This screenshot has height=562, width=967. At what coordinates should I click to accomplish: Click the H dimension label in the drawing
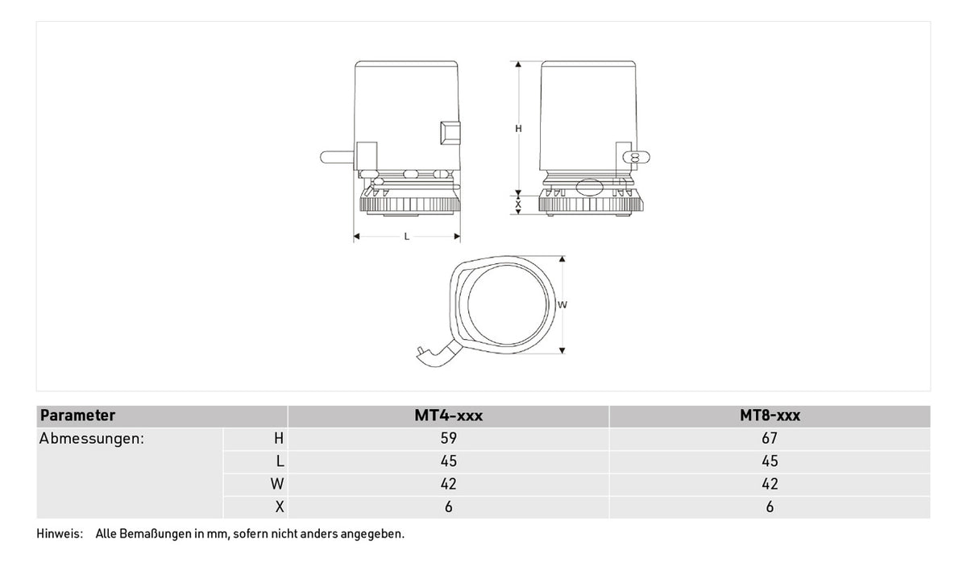coord(518,129)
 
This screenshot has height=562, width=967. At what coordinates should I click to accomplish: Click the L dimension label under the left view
coord(406,237)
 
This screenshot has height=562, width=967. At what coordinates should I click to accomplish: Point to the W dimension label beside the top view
coord(562,305)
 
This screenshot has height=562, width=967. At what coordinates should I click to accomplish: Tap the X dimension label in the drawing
coord(518,205)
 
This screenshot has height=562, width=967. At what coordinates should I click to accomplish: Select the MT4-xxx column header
coord(449,415)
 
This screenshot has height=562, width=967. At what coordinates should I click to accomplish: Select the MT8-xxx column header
coord(770,415)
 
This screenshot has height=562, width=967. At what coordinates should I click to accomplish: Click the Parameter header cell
coord(77,415)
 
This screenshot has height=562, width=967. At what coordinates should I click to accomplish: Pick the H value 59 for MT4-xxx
coord(449,438)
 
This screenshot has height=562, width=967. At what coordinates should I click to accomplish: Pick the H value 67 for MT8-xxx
coord(770,438)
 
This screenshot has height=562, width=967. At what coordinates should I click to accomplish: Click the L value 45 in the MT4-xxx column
coord(449,461)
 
